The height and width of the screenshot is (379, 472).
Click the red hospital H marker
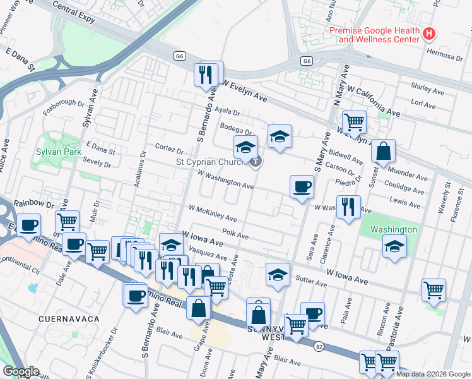pyautogui.click(x=429, y=33)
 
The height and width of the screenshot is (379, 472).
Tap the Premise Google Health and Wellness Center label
pyautogui.click(x=374, y=35)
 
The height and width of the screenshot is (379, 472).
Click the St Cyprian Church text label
pyautogui.click(x=210, y=162)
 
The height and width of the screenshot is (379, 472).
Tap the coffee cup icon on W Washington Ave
pyautogui.click(x=302, y=186)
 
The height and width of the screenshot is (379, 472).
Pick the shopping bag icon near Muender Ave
pyautogui.click(x=382, y=152)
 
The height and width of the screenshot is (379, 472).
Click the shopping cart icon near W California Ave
pyautogui.click(x=354, y=122)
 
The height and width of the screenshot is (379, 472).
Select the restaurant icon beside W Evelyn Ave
pyautogui.click(x=205, y=75)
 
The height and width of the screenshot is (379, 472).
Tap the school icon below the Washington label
pyautogui.click(x=394, y=246)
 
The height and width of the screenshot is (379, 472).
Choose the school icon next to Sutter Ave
pyautogui.click(x=277, y=274)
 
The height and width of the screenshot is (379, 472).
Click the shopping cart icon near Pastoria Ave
pyautogui.click(x=434, y=290)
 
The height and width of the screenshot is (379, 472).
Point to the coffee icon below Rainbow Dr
pyautogui.click(x=28, y=224)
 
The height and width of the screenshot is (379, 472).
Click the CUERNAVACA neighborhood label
pyautogui.click(x=66, y=319)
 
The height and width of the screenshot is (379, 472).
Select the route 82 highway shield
pyautogui.click(x=319, y=347)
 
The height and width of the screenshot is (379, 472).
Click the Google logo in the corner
pyautogui.click(x=21, y=371)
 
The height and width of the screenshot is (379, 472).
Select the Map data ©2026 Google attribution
pyautogui.click(x=432, y=374)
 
